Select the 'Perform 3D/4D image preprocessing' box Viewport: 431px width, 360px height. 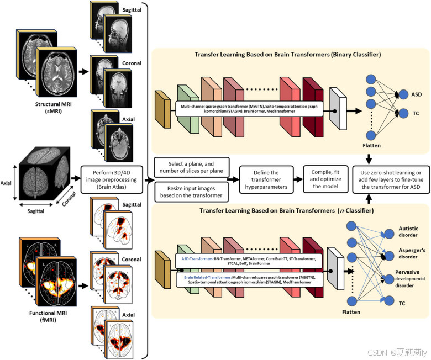113,179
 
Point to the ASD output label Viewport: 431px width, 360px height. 402,94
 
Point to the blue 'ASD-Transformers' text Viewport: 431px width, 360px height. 197,258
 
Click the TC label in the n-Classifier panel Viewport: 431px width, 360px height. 402,303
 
